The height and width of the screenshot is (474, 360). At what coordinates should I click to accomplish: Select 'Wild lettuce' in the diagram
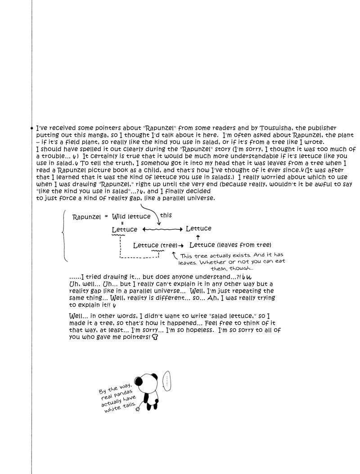[131, 216]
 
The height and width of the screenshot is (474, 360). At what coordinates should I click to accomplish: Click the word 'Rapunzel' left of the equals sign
[87, 216]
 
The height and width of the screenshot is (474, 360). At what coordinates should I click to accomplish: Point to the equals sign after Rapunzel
[106, 216]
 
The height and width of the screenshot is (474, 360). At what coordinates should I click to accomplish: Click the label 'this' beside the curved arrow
[166, 215]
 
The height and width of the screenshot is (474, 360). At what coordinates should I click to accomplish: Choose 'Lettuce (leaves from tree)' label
[230, 245]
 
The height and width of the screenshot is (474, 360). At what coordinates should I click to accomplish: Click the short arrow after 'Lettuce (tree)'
[181, 246]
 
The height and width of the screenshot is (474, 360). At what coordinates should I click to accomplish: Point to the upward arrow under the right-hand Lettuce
[198, 237]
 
